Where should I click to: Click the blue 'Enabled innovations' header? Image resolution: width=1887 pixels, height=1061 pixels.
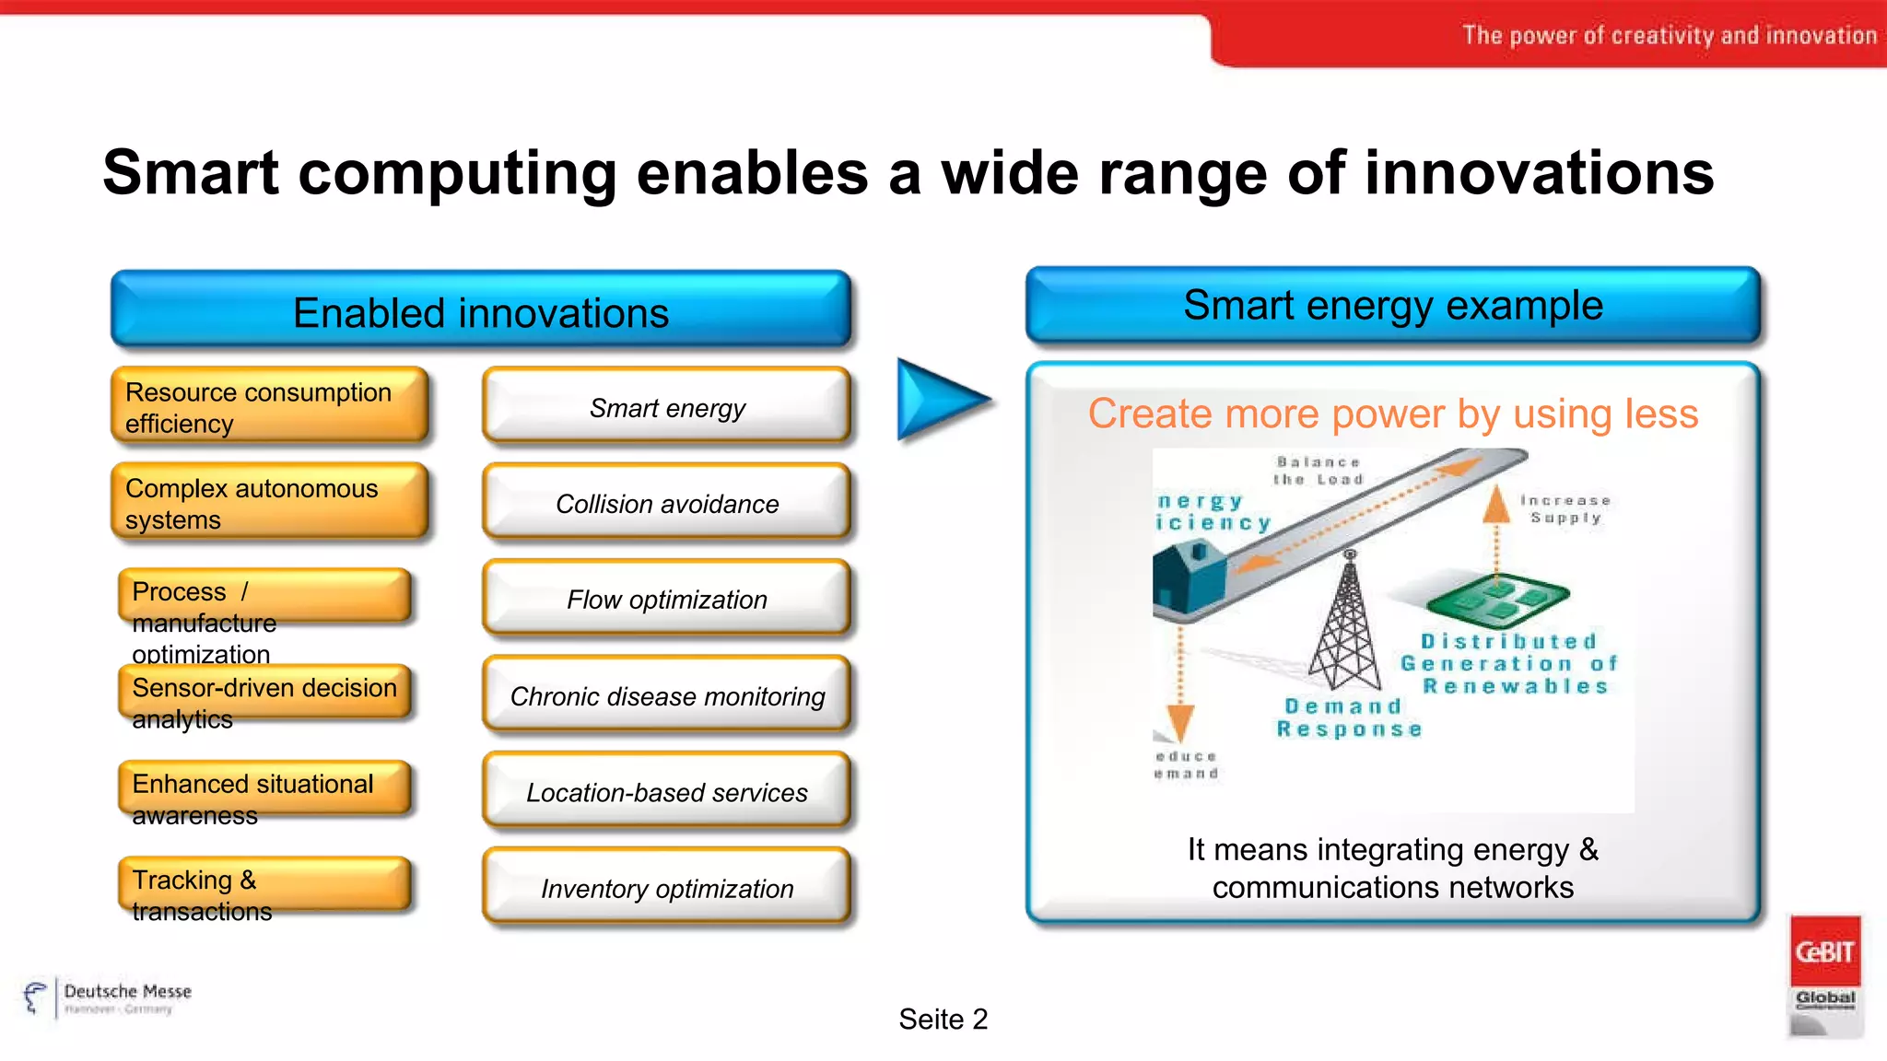point(480,311)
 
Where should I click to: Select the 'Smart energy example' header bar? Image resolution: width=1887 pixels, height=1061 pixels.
point(1392,306)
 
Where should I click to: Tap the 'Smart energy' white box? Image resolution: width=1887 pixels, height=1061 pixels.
point(666,407)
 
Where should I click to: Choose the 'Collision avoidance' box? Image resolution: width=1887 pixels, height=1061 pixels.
point(666,503)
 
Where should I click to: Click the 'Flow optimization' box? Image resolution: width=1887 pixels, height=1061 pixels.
point(666,599)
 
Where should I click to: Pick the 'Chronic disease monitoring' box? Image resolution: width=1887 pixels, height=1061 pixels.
point(666,695)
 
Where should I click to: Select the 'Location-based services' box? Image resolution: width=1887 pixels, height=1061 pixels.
point(666,791)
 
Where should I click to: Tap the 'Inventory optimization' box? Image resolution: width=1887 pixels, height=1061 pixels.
point(666,888)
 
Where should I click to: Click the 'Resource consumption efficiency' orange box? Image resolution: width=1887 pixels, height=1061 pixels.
point(269,406)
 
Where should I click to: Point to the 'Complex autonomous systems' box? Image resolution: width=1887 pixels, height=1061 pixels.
point(269,502)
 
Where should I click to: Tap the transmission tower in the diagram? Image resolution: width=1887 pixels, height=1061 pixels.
point(1347,626)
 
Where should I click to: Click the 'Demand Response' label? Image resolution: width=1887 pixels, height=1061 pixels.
point(1348,717)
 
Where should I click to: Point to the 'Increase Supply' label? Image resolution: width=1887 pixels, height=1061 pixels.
point(1565,508)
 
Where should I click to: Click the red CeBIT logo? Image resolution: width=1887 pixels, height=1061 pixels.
point(1824,950)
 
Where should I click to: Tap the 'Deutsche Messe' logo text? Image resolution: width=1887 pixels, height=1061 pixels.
point(127,992)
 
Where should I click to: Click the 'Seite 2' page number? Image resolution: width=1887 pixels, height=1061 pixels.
point(943,1019)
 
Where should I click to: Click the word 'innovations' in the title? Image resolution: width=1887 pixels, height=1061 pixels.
point(1538,173)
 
